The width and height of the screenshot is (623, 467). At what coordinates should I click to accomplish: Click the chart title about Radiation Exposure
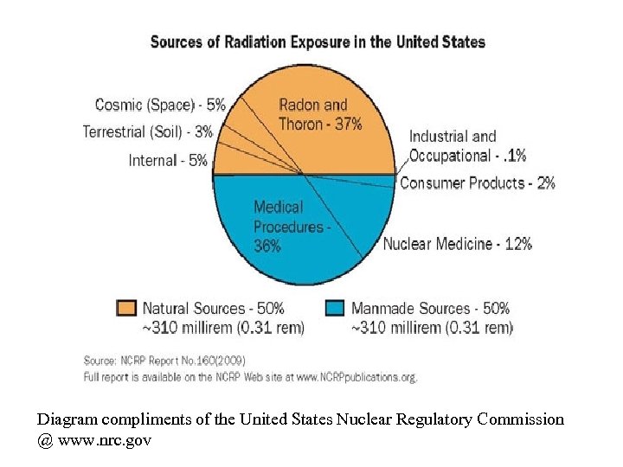tap(318, 42)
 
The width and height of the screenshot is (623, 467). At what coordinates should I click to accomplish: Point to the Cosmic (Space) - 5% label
tap(160, 106)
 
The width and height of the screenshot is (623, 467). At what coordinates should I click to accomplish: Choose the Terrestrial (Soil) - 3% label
tap(147, 132)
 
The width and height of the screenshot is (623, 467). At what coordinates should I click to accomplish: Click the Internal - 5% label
tap(168, 160)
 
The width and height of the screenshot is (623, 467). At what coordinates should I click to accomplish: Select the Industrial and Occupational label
tap(466, 146)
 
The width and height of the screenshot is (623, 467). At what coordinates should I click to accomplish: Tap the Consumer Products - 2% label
tap(477, 183)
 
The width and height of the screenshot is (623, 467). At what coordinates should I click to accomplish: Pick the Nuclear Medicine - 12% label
tap(457, 244)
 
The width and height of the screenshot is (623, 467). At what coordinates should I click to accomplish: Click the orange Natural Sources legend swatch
tap(126, 309)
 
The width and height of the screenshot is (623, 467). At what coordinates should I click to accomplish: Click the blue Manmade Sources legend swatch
tap(336, 309)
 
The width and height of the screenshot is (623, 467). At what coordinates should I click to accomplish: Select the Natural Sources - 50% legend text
tap(213, 309)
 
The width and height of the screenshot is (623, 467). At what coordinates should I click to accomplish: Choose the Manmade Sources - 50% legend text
tap(430, 309)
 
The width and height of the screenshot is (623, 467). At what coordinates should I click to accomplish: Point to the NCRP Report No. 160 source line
tap(164, 361)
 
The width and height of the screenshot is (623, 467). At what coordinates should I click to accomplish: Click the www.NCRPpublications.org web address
tap(356, 377)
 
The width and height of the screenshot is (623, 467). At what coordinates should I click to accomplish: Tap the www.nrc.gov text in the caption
tap(104, 440)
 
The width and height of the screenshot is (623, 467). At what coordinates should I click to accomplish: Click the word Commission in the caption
tap(522, 419)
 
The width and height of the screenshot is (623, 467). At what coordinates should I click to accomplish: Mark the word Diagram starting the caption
tap(67, 419)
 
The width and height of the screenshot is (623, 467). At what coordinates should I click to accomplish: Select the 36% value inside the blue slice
tap(267, 246)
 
